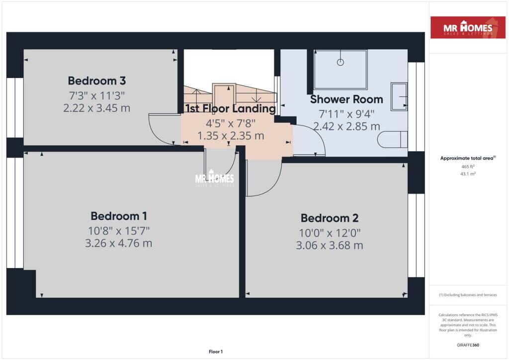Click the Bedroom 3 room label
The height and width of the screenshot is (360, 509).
click(x=97, y=81)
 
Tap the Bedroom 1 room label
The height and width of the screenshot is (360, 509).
click(x=119, y=216)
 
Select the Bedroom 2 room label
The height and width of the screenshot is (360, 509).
click(x=330, y=218)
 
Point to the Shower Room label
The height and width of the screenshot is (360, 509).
click(x=346, y=99)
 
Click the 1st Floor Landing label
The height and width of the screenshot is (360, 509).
click(x=231, y=108)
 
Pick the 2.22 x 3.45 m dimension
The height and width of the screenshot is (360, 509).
click(x=97, y=108)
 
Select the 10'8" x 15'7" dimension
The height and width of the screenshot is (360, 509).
click(x=119, y=231)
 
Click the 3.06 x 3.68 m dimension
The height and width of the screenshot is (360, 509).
click(x=330, y=246)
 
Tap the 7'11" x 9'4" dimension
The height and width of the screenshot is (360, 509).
click(x=346, y=114)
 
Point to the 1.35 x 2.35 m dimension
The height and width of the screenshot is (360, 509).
click(x=231, y=136)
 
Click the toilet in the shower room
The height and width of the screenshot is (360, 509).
click(x=393, y=140)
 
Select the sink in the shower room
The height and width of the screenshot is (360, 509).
click(x=399, y=97)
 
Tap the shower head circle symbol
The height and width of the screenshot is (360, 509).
click(x=340, y=62)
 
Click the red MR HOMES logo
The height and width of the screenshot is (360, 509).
click(x=468, y=27)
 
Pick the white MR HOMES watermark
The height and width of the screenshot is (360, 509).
click(x=215, y=178)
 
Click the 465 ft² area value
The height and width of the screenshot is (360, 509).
click(x=468, y=167)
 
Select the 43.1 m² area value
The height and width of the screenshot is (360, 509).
click(x=468, y=174)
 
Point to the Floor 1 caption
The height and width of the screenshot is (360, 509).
click(x=216, y=352)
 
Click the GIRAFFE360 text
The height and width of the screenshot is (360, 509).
click(x=468, y=345)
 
